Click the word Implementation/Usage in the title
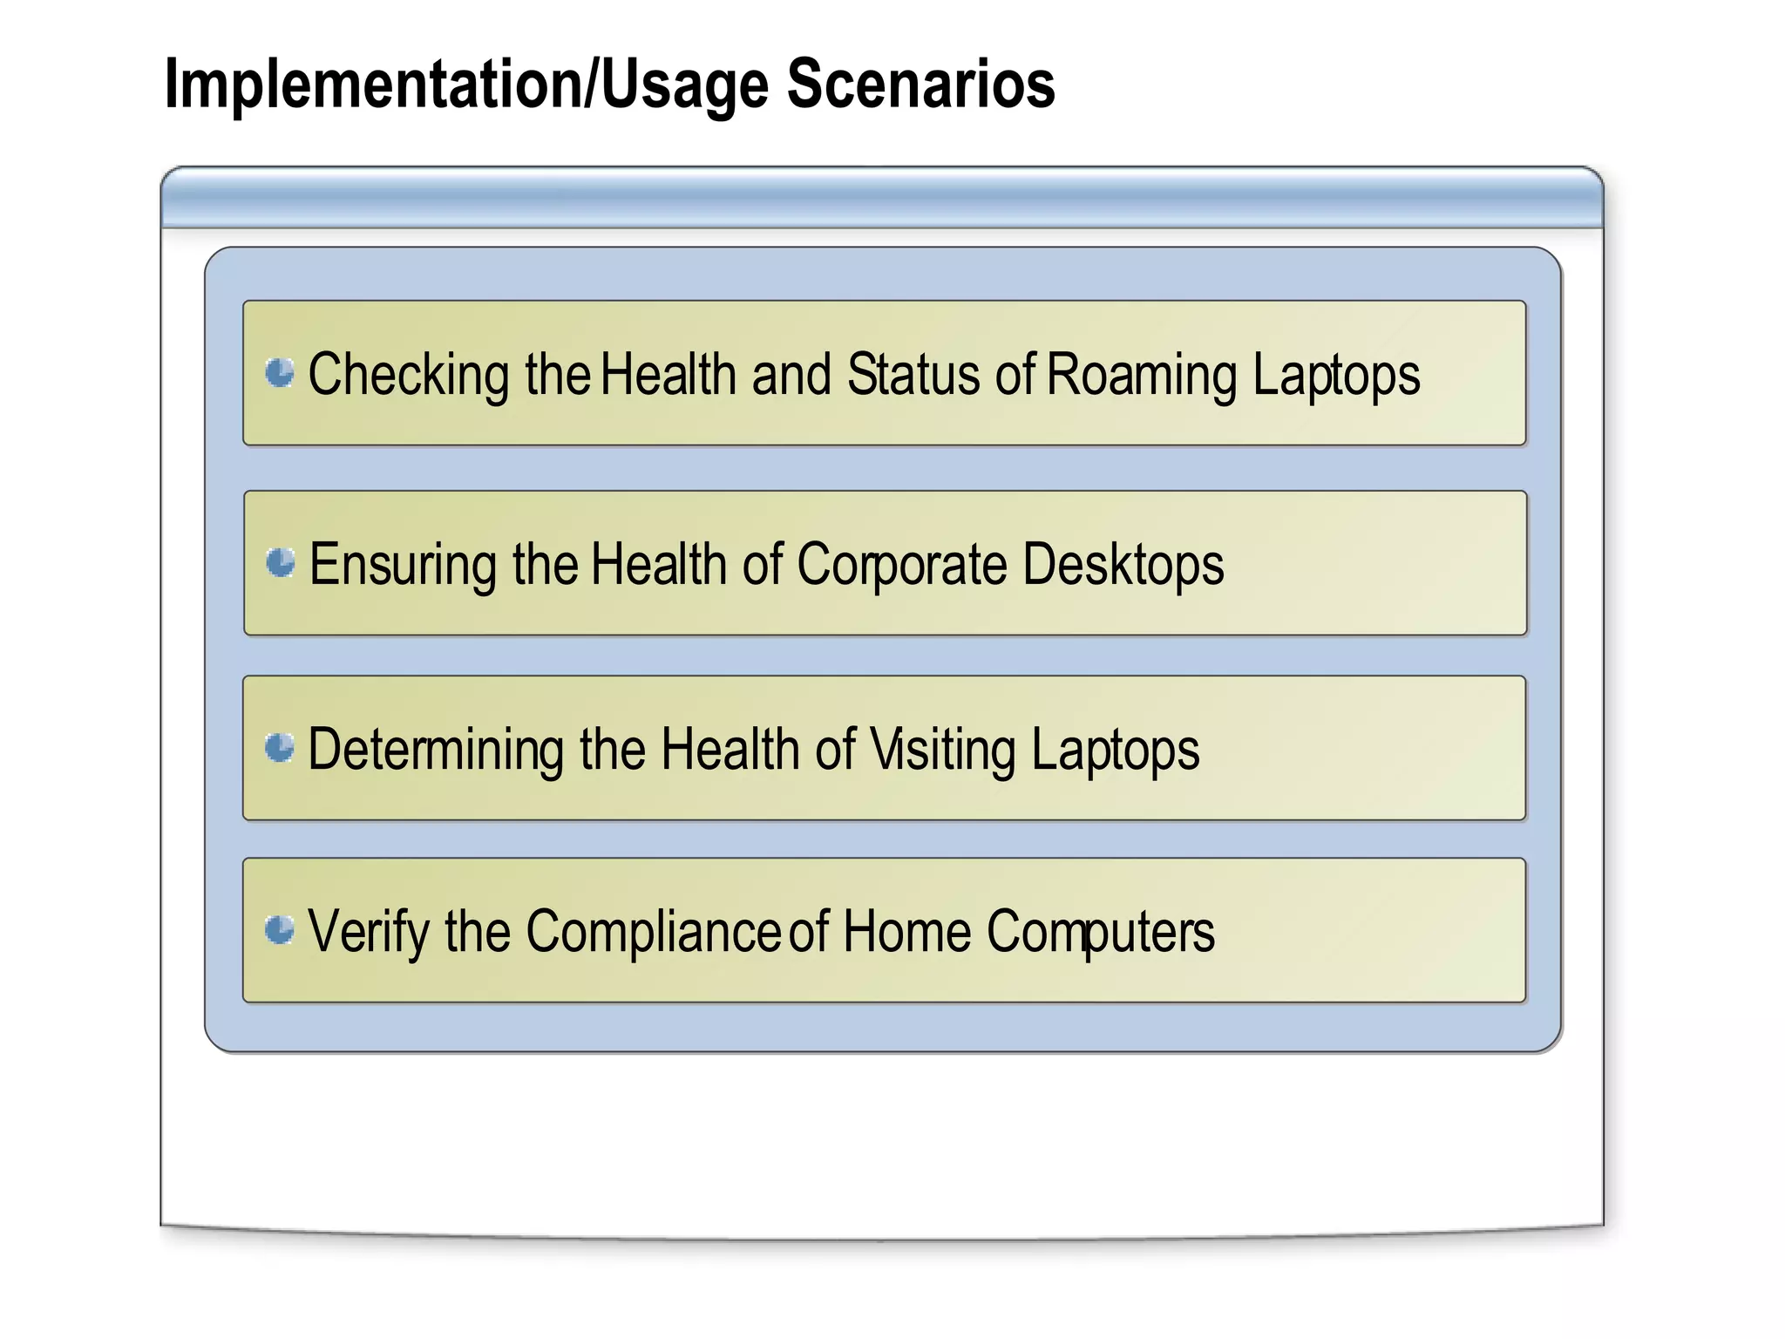466,85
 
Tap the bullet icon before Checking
280,373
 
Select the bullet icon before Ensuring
281,562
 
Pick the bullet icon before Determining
280,747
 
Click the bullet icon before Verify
280,930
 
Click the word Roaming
1142,377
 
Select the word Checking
409,377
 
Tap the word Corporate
902,566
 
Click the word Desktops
1123,565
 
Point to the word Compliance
653,932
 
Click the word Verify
369,933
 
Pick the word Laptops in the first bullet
1336,377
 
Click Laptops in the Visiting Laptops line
1115,751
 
